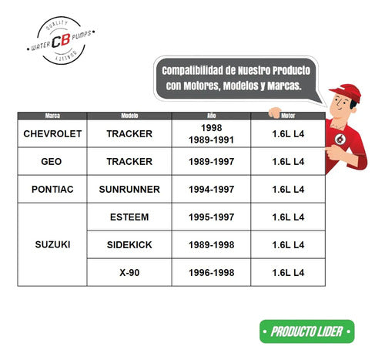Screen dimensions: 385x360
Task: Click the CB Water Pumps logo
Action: [61, 40]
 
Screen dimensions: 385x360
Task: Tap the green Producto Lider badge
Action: [307, 331]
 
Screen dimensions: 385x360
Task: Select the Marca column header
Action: [52, 116]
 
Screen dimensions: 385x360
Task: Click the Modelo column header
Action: [129, 116]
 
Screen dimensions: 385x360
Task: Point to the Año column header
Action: [211, 116]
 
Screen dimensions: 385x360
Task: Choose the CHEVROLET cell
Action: [52, 133]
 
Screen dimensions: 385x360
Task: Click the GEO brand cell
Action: [52, 161]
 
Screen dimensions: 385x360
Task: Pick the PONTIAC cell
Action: [52, 189]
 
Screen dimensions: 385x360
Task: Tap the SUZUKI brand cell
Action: [52, 244]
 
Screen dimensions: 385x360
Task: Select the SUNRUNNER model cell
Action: [129, 189]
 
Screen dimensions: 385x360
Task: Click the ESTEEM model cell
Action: [129, 217]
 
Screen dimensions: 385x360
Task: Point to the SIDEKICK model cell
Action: [129, 244]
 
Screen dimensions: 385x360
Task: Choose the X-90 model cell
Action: [129, 272]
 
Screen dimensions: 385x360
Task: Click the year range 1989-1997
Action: [211, 162]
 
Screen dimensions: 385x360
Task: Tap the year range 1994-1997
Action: [211, 190]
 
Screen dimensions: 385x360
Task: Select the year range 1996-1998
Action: [211, 273]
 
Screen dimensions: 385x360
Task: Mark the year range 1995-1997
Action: [211, 217]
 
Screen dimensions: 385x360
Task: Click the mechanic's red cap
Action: [347, 92]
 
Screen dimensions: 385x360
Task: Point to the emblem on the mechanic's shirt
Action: [340, 139]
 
